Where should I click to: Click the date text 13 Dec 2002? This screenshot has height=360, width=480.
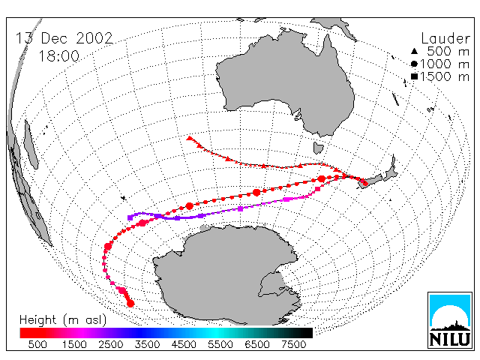tap(64, 38)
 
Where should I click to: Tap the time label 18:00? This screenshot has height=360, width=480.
tap(59, 56)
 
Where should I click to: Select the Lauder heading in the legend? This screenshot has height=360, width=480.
tap(445, 38)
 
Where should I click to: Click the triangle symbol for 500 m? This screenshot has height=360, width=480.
tap(414, 51)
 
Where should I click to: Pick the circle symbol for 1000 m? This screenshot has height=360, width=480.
tap(414, 64)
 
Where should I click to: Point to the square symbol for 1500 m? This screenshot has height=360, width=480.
tap(414, 76)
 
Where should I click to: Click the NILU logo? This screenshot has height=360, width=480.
tap(450, 320)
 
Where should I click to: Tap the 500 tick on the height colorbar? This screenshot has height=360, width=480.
tap(37, 345)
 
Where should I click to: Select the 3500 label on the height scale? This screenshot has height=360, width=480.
tap(147, 345)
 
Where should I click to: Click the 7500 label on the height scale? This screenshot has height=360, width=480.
tap(293, 345)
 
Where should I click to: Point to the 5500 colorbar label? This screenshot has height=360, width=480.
tap(220, 345)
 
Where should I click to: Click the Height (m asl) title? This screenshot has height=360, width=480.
tap(63, 320)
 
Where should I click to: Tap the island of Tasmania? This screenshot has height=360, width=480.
tap(318, 148)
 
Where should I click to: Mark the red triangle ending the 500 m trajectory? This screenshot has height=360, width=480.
tap(190, 138)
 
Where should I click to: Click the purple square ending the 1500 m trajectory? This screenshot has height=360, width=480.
tap(130, 217)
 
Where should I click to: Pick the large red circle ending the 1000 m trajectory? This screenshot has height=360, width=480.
tap(130, 304)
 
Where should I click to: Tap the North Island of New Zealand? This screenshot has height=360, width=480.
tap(391, 169)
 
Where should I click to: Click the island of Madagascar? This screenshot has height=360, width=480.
tap(31, 145)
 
